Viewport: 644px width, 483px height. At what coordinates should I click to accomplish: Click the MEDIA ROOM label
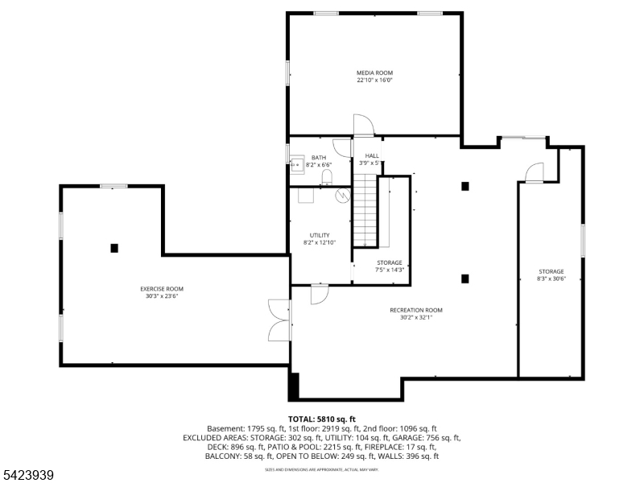(374, 72)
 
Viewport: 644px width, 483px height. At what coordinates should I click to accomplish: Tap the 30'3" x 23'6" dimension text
(162, 296)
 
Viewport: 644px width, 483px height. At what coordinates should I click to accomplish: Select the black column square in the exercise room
(115, 248)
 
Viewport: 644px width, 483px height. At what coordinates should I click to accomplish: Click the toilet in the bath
(326, 177)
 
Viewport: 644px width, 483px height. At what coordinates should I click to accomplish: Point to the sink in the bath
(295, 163)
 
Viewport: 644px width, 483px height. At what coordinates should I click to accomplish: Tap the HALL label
(371, 155)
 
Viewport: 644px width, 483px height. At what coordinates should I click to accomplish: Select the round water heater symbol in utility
(342, 194)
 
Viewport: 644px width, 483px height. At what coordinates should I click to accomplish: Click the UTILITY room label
(320, 235)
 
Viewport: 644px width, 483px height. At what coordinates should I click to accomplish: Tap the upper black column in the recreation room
(464, 186)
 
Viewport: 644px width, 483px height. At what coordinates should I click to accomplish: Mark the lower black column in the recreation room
(464, 279)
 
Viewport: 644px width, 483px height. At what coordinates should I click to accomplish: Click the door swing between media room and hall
(363, 125)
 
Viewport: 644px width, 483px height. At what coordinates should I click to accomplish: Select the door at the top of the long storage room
(534, 172)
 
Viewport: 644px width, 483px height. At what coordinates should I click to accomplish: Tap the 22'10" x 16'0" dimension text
(374, 80)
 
